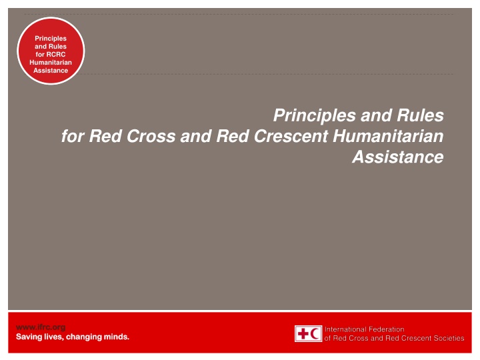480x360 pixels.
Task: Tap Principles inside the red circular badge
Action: [x=51, y=39]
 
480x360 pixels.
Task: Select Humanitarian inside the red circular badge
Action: [x=51, y=63]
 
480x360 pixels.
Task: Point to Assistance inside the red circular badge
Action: [x=51, y=71]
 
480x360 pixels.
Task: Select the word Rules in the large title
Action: [x=418, y=116]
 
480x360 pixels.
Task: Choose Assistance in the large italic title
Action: [x=397, y=157]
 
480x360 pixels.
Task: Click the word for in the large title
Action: [x=71, y=137]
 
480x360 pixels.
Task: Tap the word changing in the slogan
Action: [x=87, y=337]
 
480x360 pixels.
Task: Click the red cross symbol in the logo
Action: [x=303, y=333]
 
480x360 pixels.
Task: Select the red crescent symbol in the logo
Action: [x=315, y=333]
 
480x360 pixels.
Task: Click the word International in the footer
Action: [x=347, y=329]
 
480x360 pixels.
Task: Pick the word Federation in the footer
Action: [x=388, y=329]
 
